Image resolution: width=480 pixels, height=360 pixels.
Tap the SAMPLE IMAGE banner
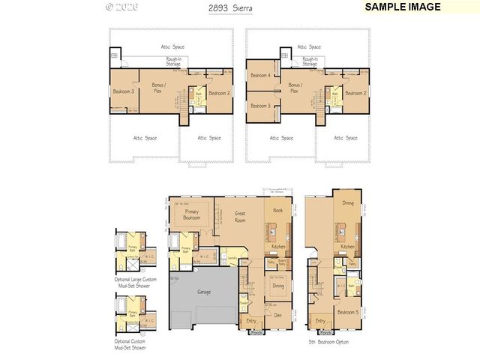[x=402, y=7]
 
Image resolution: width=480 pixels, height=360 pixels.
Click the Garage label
[x=203, y=291]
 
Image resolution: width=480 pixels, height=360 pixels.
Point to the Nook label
[x=277, y=211]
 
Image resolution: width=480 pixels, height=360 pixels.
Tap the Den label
[x=278, y=316]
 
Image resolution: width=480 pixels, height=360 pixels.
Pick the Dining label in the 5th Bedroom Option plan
[x=348, y=202]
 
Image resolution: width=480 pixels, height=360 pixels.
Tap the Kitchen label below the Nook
[x=277, y=247]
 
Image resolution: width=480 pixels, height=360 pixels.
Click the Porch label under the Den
[x=256, y=332]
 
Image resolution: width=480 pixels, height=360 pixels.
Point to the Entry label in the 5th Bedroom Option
[x=320, y=321]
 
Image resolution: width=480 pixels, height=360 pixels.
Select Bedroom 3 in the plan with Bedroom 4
[x=259, y=106]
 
